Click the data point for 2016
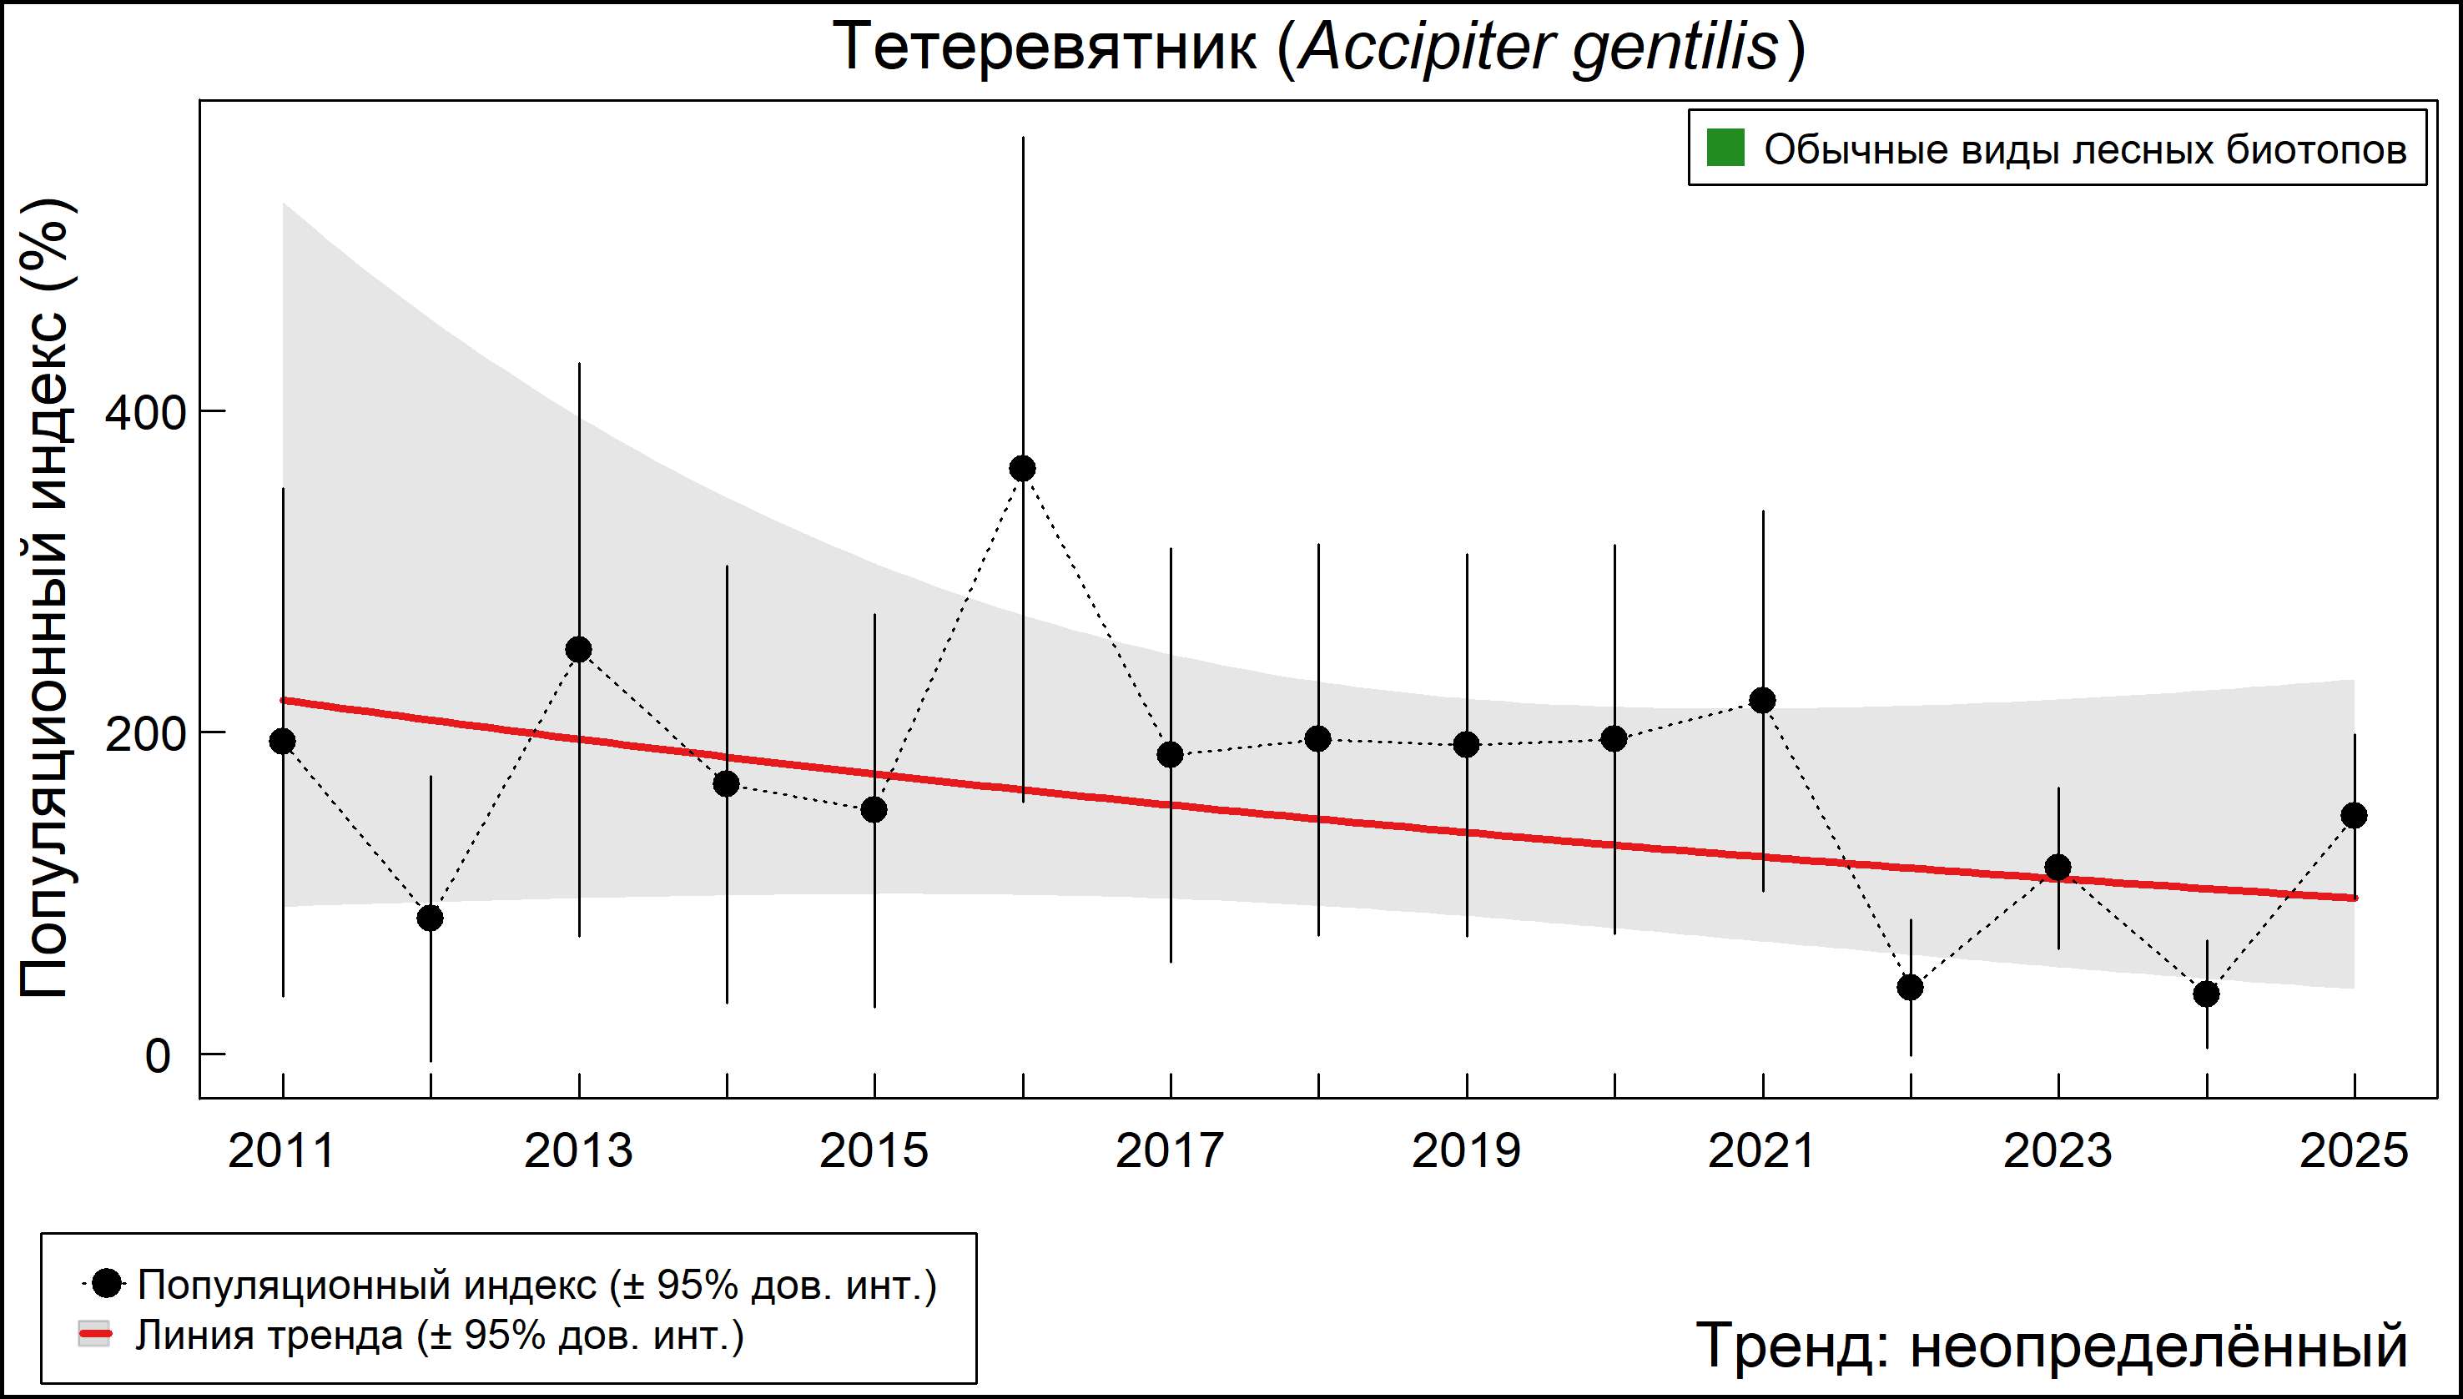coord(1022,469)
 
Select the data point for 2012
coord(431,918)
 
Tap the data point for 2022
coord(1911,987)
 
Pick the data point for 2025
coord(2355,816)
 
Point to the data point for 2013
coord(578,651)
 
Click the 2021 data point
coord(1762,701)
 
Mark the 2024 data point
coord(2206,994)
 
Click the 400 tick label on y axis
coord(144,413)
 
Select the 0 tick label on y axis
coord(157,1056)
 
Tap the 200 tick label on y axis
coord(144,735)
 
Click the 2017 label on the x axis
coord(1170,1151)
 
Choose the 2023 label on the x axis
coord(2058,1151)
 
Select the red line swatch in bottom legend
coord(94,1335)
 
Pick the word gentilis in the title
coord(1676,46)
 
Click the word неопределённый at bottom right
coord(2158,1345)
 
